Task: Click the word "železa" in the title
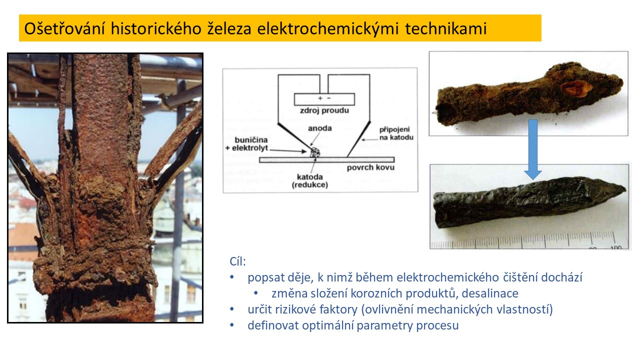229,28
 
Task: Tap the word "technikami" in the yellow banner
445,28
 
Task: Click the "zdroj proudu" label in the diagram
324,110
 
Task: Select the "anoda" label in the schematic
319,128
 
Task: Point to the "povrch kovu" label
370,167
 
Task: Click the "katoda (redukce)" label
309,181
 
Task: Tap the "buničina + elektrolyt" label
247,144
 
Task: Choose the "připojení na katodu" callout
396,133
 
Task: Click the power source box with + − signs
324,99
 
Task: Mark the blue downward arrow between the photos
533,148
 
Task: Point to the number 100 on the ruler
616,247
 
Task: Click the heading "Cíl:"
237,261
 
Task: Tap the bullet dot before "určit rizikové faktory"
231,309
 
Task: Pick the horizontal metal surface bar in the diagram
327,160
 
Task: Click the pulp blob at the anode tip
315,152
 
